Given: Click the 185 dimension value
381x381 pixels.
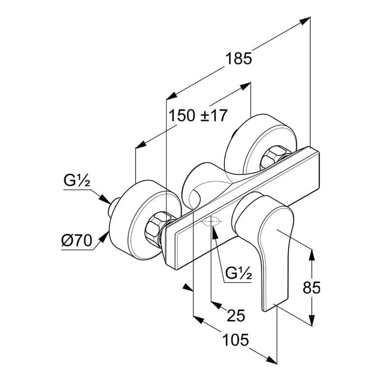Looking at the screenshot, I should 239,59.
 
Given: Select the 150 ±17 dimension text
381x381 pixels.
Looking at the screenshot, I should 198,115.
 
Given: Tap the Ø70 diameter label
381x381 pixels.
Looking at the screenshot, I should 77,241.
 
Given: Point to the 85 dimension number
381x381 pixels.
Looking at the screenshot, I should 311,288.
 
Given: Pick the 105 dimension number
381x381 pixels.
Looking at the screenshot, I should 236,339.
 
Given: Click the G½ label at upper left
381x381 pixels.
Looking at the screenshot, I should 77,181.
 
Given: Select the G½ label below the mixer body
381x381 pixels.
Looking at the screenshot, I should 238,273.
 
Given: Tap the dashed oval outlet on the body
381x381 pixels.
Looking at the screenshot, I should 211,221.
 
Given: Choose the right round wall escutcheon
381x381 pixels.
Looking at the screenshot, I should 251,139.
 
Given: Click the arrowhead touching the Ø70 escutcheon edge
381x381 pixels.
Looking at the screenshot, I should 104,237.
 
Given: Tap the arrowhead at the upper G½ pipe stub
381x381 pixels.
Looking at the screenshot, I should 106,199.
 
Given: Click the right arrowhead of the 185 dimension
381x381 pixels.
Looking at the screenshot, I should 304,21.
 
